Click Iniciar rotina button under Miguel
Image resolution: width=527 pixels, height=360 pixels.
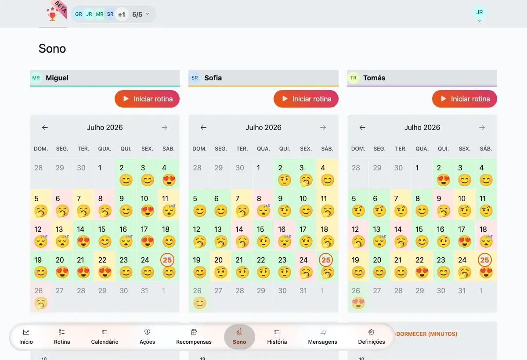tap(147, 99)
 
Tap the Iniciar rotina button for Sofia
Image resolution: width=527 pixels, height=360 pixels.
tap(306, 99)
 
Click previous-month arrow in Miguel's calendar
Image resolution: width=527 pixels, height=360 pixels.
tap(45, 127)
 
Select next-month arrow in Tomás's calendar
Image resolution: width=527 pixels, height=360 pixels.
tap(482, 127)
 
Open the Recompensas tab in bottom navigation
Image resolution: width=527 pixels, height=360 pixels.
tap(194, 337)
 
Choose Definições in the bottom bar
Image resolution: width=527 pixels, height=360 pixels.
tap(372, 337)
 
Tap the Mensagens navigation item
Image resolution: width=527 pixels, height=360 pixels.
tap(322, 337)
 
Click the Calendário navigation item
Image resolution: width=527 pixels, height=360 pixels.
tap(105, 337)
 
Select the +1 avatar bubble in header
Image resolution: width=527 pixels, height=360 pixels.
tap(121, 14)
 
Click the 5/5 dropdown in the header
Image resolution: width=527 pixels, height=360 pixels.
tap(141, 14)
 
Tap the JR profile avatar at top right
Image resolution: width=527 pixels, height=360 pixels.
tap(480, 12)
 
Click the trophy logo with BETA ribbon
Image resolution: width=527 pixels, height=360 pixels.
tap(55, 12)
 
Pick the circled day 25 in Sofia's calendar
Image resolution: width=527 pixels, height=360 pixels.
tap(326, 260)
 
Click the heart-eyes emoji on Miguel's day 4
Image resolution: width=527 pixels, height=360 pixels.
tap(169, 180)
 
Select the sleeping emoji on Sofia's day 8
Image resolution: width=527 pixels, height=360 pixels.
tap(263, 210)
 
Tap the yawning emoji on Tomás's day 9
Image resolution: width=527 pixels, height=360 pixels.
tap(444, 211)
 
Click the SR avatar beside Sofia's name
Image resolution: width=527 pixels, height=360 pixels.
tap(195, 78)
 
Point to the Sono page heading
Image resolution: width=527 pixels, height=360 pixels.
tap(52, 49)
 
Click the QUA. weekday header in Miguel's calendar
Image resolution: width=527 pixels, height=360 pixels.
tap(105, 148)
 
